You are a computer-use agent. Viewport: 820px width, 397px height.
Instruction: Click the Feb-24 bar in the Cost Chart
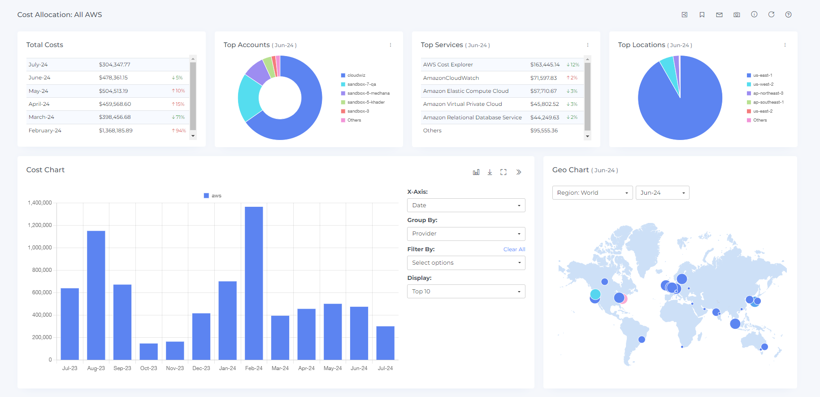click(254, 283)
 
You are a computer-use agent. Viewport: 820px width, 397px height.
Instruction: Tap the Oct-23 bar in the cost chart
click(148, 351)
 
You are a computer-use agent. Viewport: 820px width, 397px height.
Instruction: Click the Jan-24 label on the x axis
click(227, 368)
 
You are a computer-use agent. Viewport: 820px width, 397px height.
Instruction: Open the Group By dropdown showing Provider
click(466, 234)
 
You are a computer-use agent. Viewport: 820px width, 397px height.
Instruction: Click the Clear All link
click(514, 249)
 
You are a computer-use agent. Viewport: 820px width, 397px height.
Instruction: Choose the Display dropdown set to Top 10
click(466, 292)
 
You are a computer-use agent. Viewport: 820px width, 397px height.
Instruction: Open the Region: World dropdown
click(592, 193)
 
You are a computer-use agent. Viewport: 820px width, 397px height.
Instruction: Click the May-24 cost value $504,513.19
click(113, 91)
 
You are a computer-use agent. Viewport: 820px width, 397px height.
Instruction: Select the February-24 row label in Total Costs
click(45, 131)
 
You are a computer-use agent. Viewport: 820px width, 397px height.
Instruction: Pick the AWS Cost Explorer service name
click(448, 65)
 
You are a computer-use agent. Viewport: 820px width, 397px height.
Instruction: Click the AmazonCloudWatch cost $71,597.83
click(543, 78)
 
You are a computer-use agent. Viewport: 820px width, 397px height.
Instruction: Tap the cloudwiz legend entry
click(356, 75)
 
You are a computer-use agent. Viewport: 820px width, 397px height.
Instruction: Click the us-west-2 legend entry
click(763, 84)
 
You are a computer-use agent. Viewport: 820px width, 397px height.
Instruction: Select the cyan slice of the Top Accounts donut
click(249, 98)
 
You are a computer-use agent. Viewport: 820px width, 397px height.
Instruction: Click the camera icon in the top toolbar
click(737, 15)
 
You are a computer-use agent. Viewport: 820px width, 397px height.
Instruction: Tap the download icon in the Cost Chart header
click(490, 172)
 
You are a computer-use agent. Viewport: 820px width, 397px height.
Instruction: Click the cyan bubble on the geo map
click(595, 294)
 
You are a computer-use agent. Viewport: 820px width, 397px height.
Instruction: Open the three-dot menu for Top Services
click(587, 45)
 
